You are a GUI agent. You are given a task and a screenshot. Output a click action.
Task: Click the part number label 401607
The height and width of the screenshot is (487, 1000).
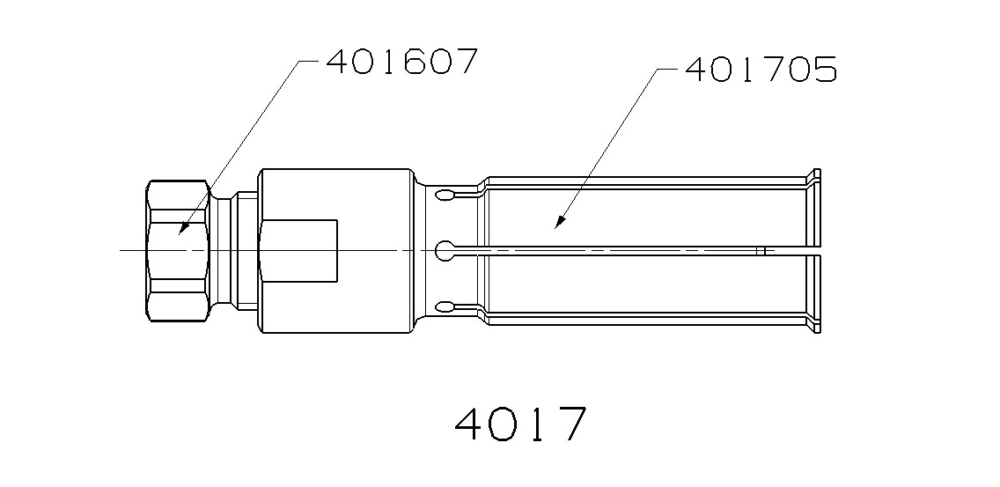(401, 62)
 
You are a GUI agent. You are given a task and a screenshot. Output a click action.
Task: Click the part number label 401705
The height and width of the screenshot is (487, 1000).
(760, 70)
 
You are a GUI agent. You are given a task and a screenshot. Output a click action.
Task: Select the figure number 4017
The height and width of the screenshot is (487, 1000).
(520, 424)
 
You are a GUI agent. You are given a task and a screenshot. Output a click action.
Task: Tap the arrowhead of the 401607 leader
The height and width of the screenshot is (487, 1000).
(180, 231)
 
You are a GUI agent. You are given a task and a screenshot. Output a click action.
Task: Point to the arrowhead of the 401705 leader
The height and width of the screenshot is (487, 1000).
(556, 226)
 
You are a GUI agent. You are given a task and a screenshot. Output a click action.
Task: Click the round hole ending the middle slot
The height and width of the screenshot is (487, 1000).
(445, 250)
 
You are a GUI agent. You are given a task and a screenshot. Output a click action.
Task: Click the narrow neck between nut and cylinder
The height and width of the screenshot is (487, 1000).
(233, 250)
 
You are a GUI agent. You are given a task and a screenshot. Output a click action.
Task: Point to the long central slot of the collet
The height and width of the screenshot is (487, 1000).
(616, 251)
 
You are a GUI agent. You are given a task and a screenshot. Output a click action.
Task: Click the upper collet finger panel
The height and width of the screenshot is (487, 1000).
(647, 216)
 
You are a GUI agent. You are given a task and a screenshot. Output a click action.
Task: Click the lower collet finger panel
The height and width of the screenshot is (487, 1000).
(647, 284)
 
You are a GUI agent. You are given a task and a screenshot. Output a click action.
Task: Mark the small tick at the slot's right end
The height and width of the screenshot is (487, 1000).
(763, 251)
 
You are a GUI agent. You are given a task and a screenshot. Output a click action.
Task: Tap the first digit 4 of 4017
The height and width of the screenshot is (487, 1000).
(472, 424)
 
